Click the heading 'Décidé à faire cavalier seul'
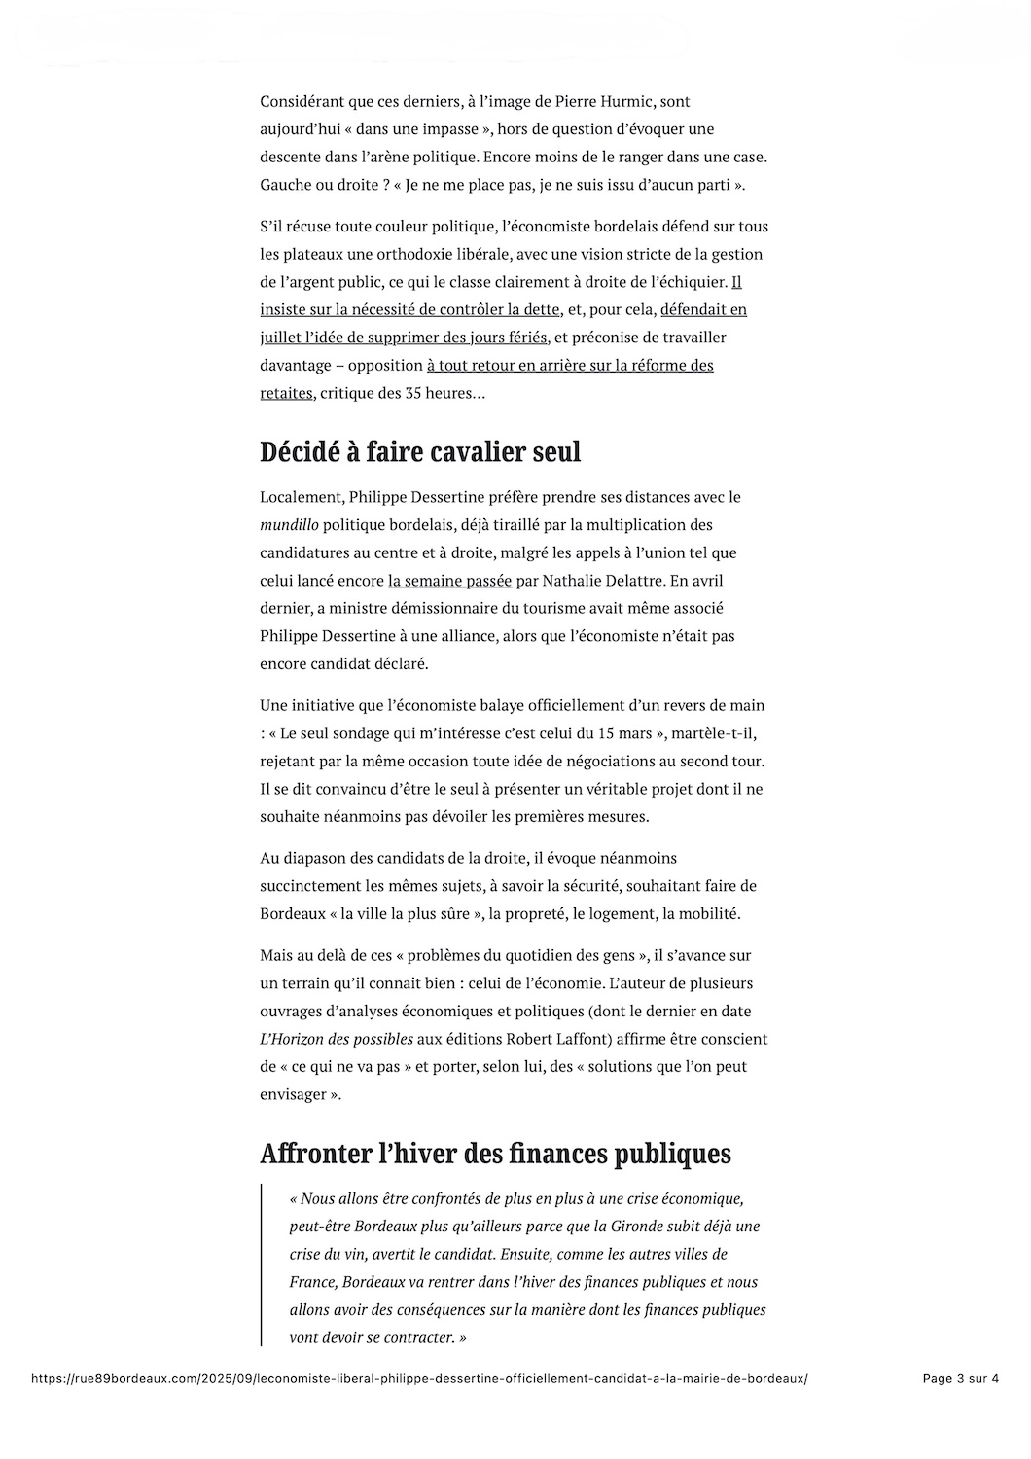point(420,452)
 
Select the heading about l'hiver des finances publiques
point(495,1154)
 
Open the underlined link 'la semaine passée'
point(449,581)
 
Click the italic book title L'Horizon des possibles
point(337,1039)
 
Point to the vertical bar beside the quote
point(262,1264)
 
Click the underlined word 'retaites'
point(286,393)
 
